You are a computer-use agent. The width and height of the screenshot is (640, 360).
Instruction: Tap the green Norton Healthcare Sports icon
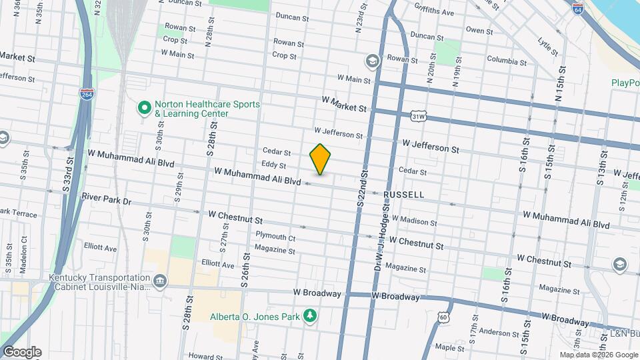[143, 107]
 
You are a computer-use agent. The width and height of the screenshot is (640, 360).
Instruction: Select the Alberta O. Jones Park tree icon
[309, 315]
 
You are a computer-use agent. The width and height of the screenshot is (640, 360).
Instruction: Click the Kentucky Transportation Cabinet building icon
[160, 281]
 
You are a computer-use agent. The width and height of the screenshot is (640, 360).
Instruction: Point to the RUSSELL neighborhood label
[403, 195]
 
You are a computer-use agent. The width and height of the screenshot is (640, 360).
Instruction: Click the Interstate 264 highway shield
[87, 95]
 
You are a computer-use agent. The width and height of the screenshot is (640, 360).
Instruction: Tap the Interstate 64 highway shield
[578, 9]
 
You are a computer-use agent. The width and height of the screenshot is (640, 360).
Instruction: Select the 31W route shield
[419, 117]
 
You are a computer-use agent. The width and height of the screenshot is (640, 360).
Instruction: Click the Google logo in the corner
[22, 352]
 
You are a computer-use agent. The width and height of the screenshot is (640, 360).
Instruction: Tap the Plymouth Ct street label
[275, 237]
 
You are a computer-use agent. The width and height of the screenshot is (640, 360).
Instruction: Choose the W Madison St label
[414, 221]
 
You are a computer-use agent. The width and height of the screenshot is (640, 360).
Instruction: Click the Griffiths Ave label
[433, 12]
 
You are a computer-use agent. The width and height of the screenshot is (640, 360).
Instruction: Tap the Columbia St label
[507, 61]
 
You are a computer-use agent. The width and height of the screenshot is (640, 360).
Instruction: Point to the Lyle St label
[547, 45]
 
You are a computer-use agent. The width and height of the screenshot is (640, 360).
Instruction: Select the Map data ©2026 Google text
[598, 355]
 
